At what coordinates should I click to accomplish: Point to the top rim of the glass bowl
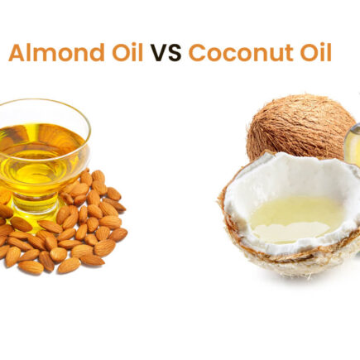(41, 105)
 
